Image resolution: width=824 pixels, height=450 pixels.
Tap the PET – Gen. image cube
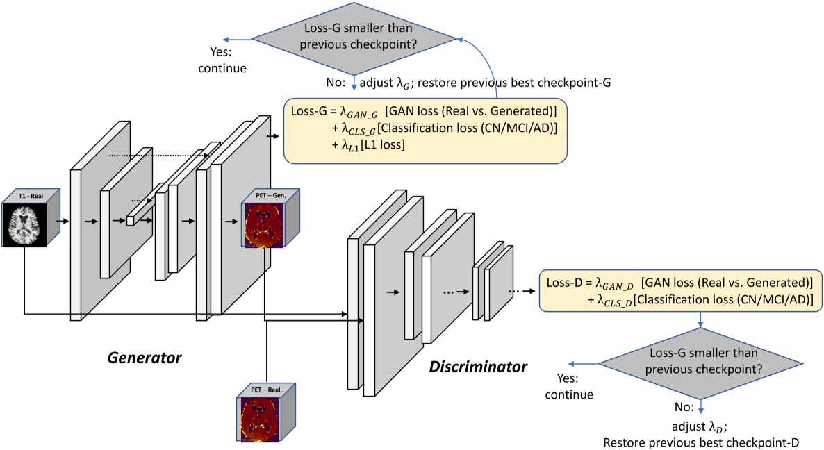click(267, 219)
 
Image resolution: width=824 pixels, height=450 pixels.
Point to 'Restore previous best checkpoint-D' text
click(702, 442)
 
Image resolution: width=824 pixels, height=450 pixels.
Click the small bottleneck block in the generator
click(130, 221)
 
